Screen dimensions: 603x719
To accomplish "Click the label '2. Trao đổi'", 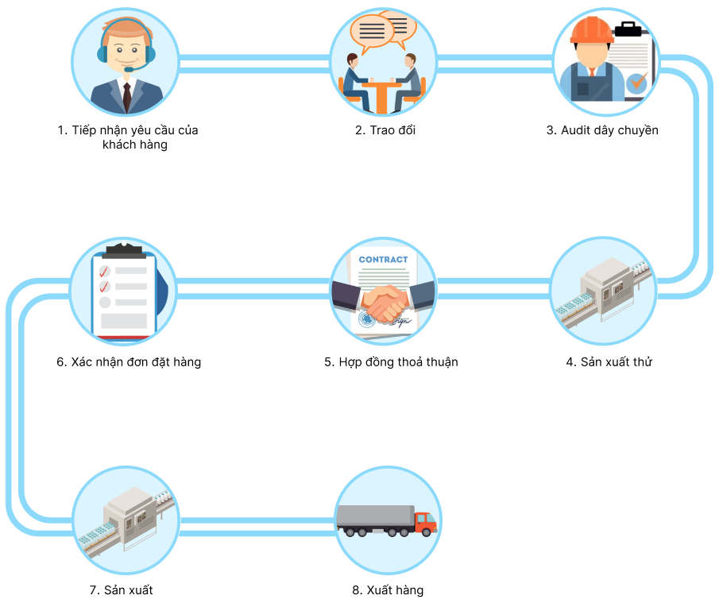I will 385,130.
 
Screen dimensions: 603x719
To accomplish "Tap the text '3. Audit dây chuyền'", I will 601,130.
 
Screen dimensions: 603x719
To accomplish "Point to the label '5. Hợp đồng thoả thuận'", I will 391,362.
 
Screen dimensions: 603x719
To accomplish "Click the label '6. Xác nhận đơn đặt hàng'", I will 128,362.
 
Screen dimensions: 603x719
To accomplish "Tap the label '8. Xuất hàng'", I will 388,590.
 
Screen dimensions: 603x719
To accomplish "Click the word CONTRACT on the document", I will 383,259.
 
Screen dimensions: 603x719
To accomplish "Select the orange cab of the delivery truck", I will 425,522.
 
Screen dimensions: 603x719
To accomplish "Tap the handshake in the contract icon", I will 384,303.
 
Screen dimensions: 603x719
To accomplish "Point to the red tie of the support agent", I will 126,95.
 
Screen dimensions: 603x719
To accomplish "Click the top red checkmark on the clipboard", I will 104,272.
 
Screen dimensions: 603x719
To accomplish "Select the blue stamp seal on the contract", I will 366,319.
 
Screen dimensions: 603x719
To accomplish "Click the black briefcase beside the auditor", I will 631,30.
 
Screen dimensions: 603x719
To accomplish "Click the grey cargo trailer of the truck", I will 375,517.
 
